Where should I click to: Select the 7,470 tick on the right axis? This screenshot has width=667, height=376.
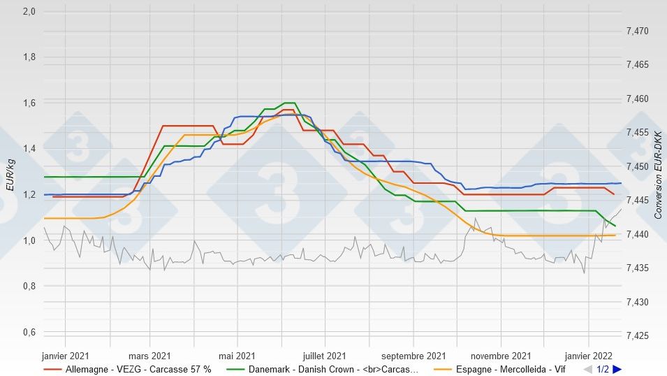[637, 31]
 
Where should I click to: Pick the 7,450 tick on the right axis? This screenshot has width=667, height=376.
[637, 167]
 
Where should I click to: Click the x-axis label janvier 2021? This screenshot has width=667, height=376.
[66, 355]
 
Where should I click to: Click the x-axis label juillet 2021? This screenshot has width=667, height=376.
[325, 355]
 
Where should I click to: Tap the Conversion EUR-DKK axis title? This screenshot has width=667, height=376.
[657, 175]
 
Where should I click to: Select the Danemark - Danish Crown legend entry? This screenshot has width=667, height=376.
[333, 369]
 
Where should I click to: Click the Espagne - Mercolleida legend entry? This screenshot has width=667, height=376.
[511, 369]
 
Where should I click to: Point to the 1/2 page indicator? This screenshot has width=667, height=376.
[603, 369]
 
